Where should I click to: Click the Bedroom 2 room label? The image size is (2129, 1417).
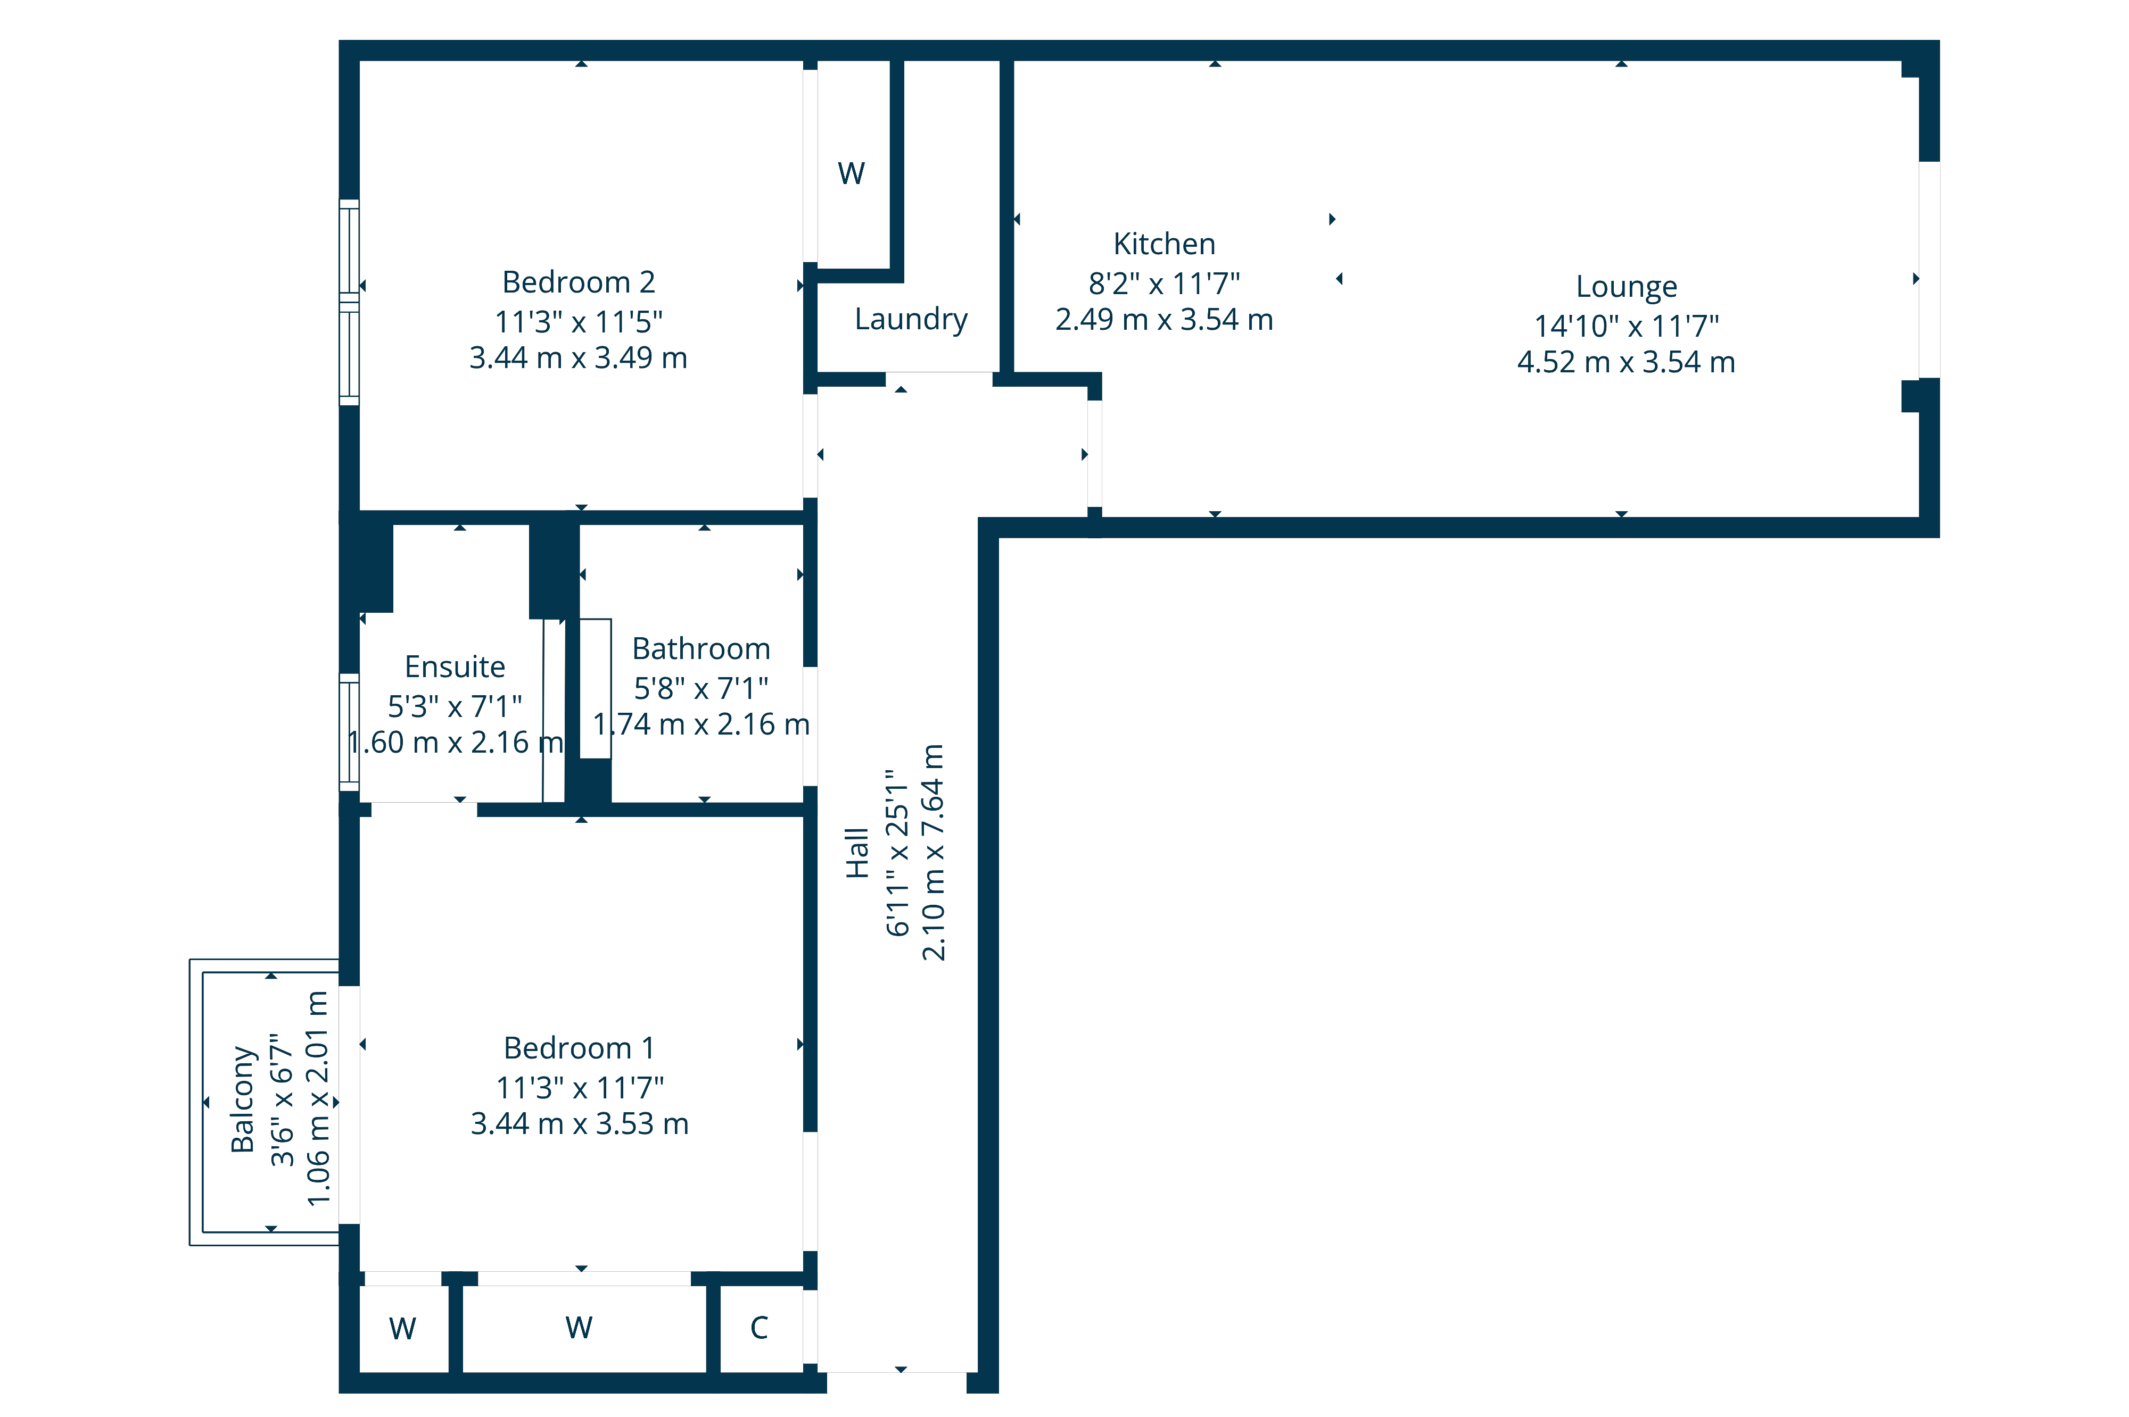tap(579, 282)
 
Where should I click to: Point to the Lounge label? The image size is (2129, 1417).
tap(1627, 287)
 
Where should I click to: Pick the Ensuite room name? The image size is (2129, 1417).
tap(455, 667)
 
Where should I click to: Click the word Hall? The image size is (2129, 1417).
tap(857, 852)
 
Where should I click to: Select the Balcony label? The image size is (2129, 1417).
tap(242, 1099)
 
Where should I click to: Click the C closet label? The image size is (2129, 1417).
tap(760, 1328)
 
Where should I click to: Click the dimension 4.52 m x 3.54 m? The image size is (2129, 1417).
tap(1627, 362)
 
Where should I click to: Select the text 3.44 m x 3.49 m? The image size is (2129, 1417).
tap(579, 358)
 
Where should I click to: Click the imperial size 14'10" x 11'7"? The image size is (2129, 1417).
tap(1627, 326)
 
